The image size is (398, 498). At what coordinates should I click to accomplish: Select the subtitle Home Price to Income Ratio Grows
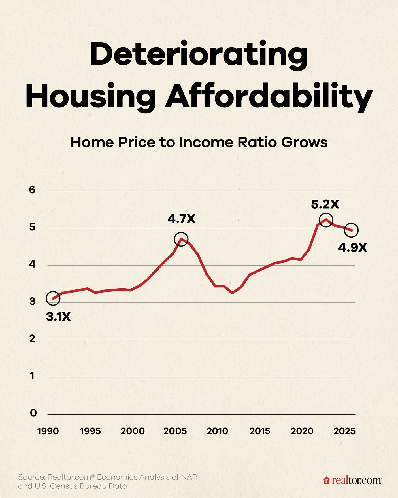click(x=199, y=142)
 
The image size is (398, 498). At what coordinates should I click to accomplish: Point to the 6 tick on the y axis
click(x=32, y=190)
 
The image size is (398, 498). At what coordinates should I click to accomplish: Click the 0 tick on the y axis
click(x=33, y=413)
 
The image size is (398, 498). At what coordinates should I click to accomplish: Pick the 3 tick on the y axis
click(x=32, y=301)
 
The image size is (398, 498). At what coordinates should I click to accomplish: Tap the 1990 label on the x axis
click(x=48, y=431)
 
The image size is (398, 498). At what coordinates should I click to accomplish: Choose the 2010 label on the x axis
click(x=217, y=431)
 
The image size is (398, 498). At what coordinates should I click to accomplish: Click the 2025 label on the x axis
click(x=344, y=431)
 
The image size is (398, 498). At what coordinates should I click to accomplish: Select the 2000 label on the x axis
click(x=133, y=431)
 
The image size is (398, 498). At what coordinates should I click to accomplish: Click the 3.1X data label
click(x=58, y=317)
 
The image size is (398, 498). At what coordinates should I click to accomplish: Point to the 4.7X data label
click(x=181, y=219)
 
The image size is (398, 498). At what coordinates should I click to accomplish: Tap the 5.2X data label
click(x=325, y=204)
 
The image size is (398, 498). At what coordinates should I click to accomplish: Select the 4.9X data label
click(x=352, y=248)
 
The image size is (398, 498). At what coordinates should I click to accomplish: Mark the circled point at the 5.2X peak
click(x=326, y=220)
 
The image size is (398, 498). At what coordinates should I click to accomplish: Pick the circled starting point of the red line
click(x=53, y=298)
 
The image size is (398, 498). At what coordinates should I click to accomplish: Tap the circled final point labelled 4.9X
click(x=351, y=230)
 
